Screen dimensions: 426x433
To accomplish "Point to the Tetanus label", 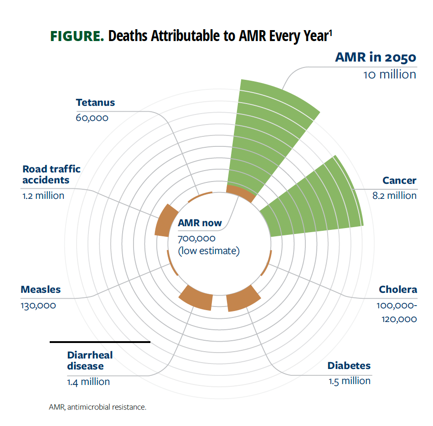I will pyautogui.click(x=95, y=103).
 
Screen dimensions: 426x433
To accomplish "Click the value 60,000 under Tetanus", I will pyautogui.click(x=92, y=118).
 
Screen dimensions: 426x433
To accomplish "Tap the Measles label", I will pyautogui.click(x=41, y=290).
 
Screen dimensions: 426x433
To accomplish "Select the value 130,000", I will pyautogui.click(x=38, y=305).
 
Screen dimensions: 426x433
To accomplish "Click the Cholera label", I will pyautogui.click(x=397, y=290).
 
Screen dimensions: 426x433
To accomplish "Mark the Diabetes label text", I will pyautogui.click(x=349, y=366).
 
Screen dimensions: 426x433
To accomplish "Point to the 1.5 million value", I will pyautogui.click(x=350, y=381).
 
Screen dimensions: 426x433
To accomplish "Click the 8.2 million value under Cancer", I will pyautogui.click(x=394, y=196).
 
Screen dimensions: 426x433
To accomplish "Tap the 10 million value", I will pyautogui.click(x=389, y=74).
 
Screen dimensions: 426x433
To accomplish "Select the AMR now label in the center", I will pyautogui.click(x=200, y=223).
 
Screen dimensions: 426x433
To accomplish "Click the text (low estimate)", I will pyautogui.click(x=208, y=250).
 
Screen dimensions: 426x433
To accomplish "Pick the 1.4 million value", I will pyautogui.click(x=88, y=382).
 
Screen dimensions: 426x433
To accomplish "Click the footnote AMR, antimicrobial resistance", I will pyautogui.click(x=98, y=406).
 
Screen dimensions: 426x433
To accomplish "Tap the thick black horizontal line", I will pyautogui.click(x=100, y=342).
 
